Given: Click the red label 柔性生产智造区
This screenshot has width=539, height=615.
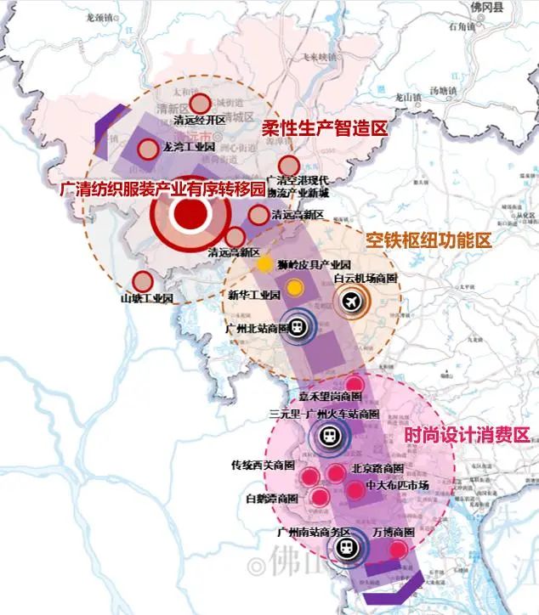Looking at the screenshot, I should (x=324, y=128).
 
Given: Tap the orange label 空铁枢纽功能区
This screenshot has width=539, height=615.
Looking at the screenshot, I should (x=428, y=240).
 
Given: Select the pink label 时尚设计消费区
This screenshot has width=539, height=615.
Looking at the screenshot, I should (x=467, y=435).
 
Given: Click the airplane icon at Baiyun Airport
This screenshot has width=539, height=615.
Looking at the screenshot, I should (x=351, y=300).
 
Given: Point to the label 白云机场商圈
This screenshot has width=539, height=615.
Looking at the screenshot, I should (x=366, y=278).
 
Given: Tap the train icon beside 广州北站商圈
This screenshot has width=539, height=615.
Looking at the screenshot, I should (x=298, y=327).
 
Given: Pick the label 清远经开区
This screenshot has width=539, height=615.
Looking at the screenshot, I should (x=201, y=121).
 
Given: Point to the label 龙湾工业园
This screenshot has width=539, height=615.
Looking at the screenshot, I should (x=191, y=147).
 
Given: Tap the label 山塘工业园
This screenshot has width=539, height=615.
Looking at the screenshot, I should (x=146, y=299).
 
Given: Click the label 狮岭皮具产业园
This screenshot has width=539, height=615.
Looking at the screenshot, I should (x=316, y=264).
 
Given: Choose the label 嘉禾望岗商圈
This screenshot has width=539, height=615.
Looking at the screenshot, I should (x=331, y=398).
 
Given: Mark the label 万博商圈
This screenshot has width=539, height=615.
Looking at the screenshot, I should (x=394, y=533).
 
